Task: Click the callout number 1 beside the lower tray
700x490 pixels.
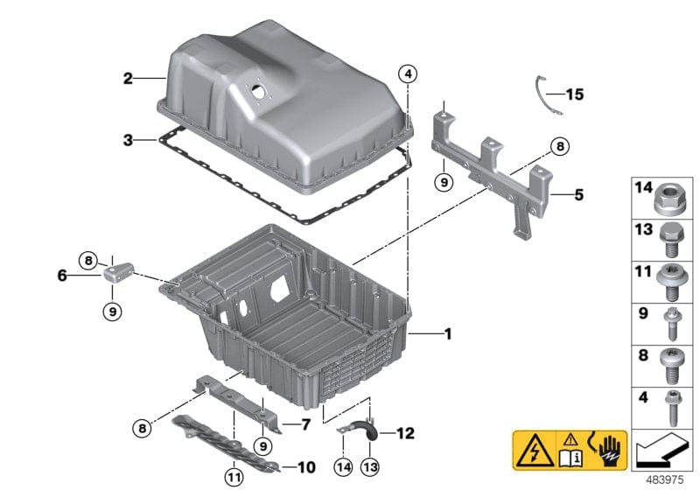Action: pos(448,333)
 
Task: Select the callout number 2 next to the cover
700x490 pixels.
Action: pos(128,79)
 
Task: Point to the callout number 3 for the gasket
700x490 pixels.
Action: pos(128,140)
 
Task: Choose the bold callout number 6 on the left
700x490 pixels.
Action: pos(62,275)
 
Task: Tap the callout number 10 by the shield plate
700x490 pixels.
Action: pos(307,466)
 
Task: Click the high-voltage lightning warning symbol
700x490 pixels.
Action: pos(533,449)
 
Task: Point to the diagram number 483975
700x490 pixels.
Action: pos(672,480)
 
